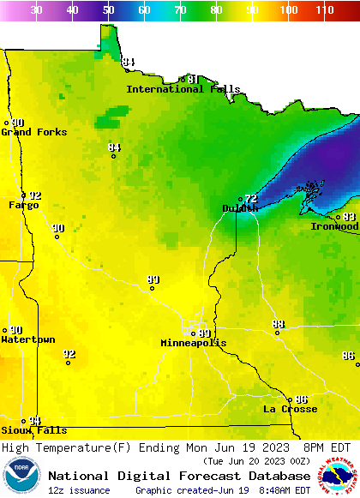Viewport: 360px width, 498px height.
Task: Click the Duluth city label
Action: tap(239, 208)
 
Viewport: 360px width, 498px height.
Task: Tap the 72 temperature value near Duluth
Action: tap(250, 198)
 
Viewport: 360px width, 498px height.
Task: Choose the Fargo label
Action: tap(23, 205)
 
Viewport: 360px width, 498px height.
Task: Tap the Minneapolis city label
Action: tap(194, 343)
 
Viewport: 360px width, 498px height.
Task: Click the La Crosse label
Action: tap(290, 409)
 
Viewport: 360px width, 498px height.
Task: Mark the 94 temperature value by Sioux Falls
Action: tap(34, 421)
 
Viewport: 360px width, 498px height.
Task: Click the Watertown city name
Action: tap(27, 339)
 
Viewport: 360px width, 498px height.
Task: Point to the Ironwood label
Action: tap(334, 226)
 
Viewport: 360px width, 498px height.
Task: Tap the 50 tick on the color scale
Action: tap(109, 10)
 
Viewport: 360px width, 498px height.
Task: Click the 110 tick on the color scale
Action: tap(324, 10)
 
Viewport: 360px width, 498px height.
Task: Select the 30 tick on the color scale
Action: tap(37, 10)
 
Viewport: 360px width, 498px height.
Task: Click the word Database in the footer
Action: tap(274, 476)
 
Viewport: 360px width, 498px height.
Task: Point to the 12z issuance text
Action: tap(79, 490)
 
